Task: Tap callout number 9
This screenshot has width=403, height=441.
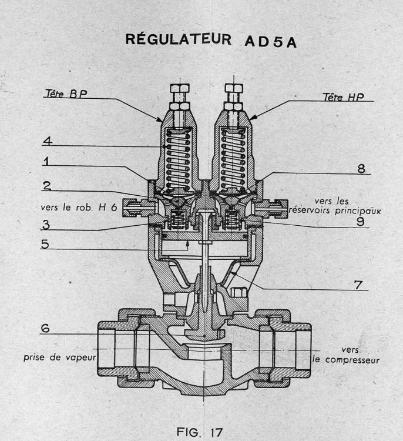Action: (x=358, y=223)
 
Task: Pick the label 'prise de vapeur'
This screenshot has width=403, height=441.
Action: (x=59, y=357)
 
